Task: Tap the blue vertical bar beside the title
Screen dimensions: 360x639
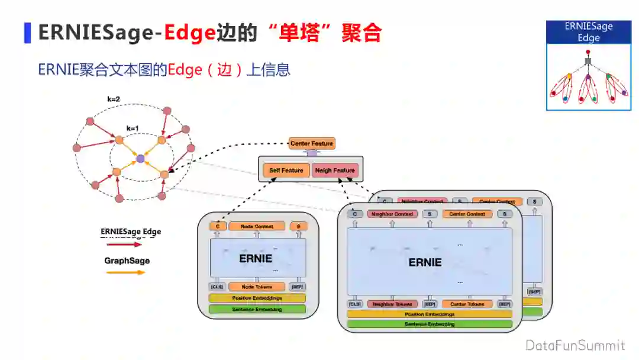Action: [27, 33]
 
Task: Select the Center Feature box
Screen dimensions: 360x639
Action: [312, 143]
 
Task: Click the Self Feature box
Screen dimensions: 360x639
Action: [286, 171]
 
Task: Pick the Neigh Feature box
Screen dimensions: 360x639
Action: [335, 171]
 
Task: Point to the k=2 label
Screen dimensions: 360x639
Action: [114, 99]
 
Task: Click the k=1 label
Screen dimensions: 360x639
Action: [133, 128]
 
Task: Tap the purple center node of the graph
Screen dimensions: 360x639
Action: [140, 159]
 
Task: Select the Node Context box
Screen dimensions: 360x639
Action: [257, 226]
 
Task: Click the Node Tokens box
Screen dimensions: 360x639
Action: [256, 287]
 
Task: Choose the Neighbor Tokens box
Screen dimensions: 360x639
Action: [392, 304]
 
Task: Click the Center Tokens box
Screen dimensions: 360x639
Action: [467, 304]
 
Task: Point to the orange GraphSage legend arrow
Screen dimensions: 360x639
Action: [125, 272]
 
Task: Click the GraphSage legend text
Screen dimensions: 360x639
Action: [127, 261]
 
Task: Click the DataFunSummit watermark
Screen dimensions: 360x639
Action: [575, 345]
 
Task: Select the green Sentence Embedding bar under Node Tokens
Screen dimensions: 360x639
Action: [257, 309]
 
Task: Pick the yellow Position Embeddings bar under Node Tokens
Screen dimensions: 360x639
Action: [257, 298]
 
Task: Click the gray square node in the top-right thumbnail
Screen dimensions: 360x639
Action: [588, 62]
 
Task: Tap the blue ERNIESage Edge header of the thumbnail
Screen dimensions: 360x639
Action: [588, 32]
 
